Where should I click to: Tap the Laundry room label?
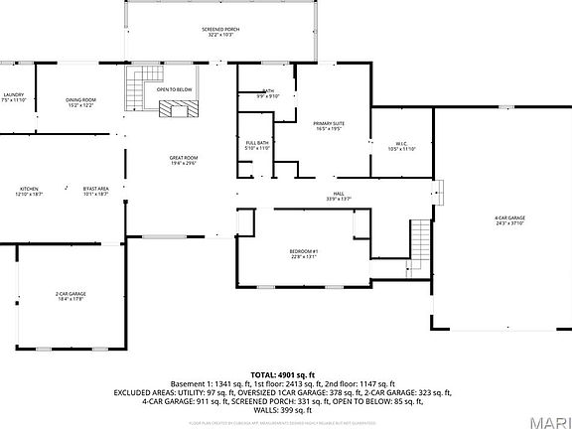pos(13,97)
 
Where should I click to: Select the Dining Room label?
pos(81,102)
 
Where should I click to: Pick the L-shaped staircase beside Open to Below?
pos(136,90)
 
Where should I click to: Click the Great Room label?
pos(184,160)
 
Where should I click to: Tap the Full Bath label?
pos(257,145)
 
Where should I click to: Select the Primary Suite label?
pos(329,126)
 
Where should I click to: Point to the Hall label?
pos(340,197)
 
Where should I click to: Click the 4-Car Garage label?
pos(509,220)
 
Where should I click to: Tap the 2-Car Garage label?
pos(69,295)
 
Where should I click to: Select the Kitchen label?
pos(30,191)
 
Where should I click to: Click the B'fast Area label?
pos(96,191)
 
